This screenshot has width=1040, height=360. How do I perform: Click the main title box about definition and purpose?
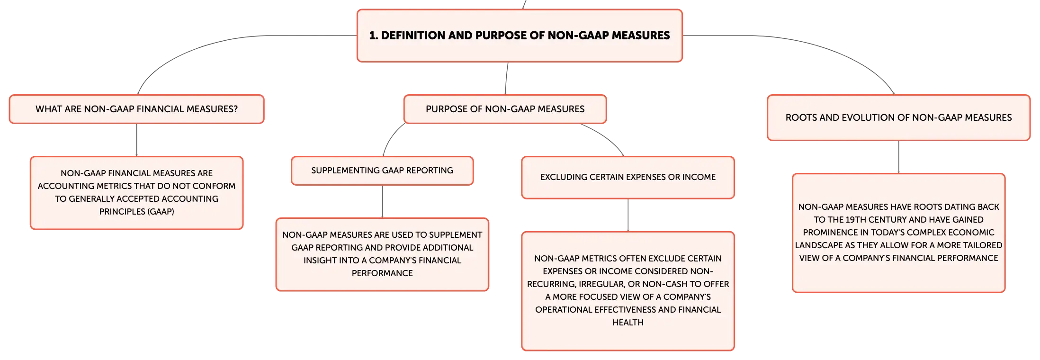pyautogui.click(x=520, y=36)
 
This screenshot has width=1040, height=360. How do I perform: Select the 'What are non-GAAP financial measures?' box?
pyautogui.click(x=136, y=109)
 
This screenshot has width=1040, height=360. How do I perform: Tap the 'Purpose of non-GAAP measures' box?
pyautogui.click(x=505, y=109)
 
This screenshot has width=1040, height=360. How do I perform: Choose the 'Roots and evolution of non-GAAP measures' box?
pyautogui.click(x=898, y=117)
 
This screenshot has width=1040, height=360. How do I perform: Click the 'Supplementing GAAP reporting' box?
pyautogui.click(x=382, y=171)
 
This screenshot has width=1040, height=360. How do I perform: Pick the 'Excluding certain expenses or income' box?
pyautogui.click(x=628, y=177)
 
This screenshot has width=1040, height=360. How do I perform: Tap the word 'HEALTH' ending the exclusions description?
pyautogui.click(x=628, y=323)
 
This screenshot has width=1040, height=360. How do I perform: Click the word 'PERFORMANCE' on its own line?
pyautogui.click(x=382, y=273)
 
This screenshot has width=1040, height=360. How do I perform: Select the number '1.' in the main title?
pyautogui.click(x=374, y=36)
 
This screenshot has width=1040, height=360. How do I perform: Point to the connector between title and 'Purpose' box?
pyautogui.click(x=506, y=79)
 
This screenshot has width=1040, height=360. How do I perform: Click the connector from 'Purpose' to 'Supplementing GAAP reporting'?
pyautogui.click(x=391, y=137)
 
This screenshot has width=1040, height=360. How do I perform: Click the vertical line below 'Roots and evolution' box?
pyautogui.click(x=898, y=157)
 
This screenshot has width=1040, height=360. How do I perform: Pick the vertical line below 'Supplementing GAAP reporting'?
pyautogui.click(x=382, y=202)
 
